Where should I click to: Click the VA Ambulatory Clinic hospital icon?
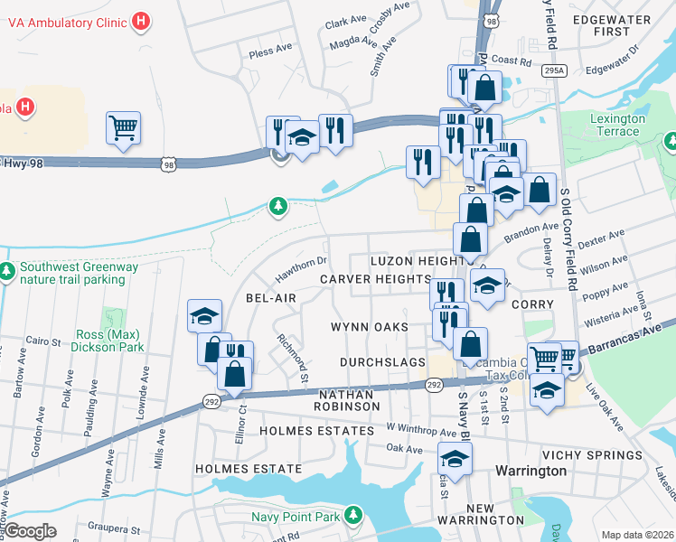pyautogui.click(x=141, y=21)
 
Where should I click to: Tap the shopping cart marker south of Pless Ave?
pyautogui.click(x=123, y=127)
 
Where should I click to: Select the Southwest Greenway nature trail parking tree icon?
pyautogui.click(x=7, y=271)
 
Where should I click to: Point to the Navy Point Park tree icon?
pyautogui.click(x=354, y=516)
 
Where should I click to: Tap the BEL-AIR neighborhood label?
pyautogui.click(x=271, y=298)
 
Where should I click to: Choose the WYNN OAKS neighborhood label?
pyautogui.click(x=370, y=327)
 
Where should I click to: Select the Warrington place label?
pyautogui.click(x=530, y=471)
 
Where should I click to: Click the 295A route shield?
pyautogui.click(x=555, y=70)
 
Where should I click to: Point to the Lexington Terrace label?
pyautogui.click(x=617, y=125)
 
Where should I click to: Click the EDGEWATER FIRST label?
pyautogui.click(x=606, y=23)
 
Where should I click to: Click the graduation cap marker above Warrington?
pyautogui.click(x=455, y=460)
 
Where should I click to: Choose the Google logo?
pyautogui.click(x=31, y=531)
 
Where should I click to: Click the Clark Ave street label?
pyautogui.click(x=348, y=23)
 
